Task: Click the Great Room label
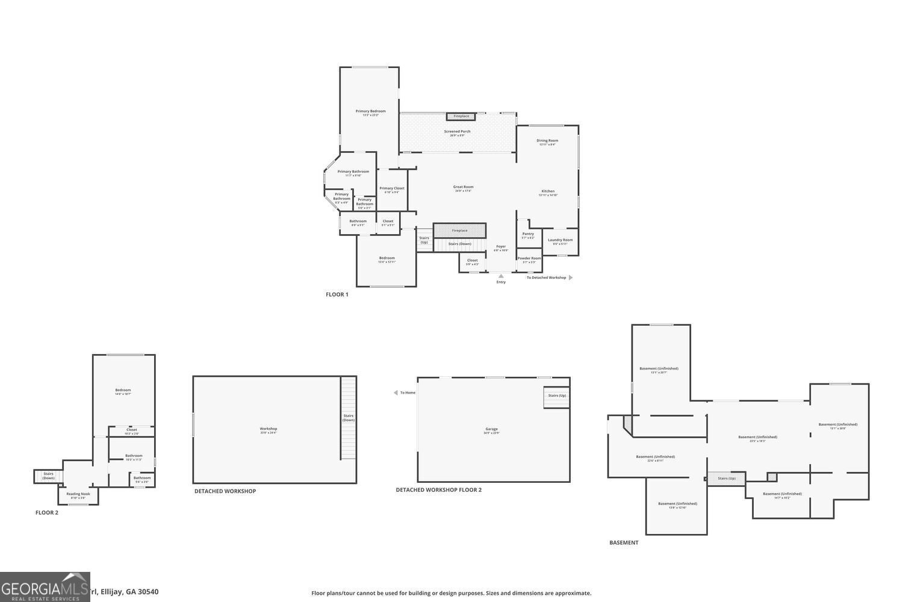[463, 188]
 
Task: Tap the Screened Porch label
[457, 132]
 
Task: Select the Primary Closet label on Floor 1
[392, 190]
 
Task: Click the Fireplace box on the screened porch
[461, 116]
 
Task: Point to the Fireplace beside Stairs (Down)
[459, 231]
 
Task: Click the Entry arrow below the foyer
[501, 276]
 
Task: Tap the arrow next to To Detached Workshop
[571, 278]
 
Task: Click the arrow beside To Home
[396, 393]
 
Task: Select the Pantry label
[528, 235]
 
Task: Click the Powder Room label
[529, 259]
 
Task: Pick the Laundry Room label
[560, 241]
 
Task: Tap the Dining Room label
[547, 142]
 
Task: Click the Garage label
[492, 430]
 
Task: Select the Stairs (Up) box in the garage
[557, 397]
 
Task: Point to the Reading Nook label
[78, 495]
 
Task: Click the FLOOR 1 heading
[337, 294]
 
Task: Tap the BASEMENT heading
[624, 542]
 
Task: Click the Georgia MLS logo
[45, 587]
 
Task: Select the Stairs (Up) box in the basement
[726, 478]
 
